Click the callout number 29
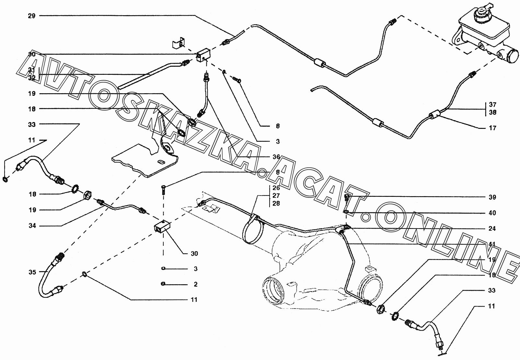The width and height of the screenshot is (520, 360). coord(32,16)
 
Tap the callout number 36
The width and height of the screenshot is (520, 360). coord(276,157)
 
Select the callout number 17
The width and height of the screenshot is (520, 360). coord(492,128)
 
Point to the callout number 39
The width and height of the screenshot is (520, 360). coord(492,197)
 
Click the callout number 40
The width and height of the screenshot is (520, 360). coord(492,213)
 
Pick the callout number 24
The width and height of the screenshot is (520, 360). coord(492,229)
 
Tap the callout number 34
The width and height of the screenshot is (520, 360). coord(32,225)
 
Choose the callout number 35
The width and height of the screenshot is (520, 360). coord(32,272)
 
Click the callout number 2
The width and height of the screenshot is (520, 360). coord(196,284)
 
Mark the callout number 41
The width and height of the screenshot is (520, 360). coord(492,244)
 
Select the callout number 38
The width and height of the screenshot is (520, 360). coord(493,113)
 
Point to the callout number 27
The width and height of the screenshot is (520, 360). coord(276,196)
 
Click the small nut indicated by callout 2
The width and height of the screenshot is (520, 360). coord(163,284)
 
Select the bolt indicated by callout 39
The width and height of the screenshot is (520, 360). coord(346,197)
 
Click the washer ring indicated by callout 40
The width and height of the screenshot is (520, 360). coord(346,212)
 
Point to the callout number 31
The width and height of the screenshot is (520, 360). coord(32,70)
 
